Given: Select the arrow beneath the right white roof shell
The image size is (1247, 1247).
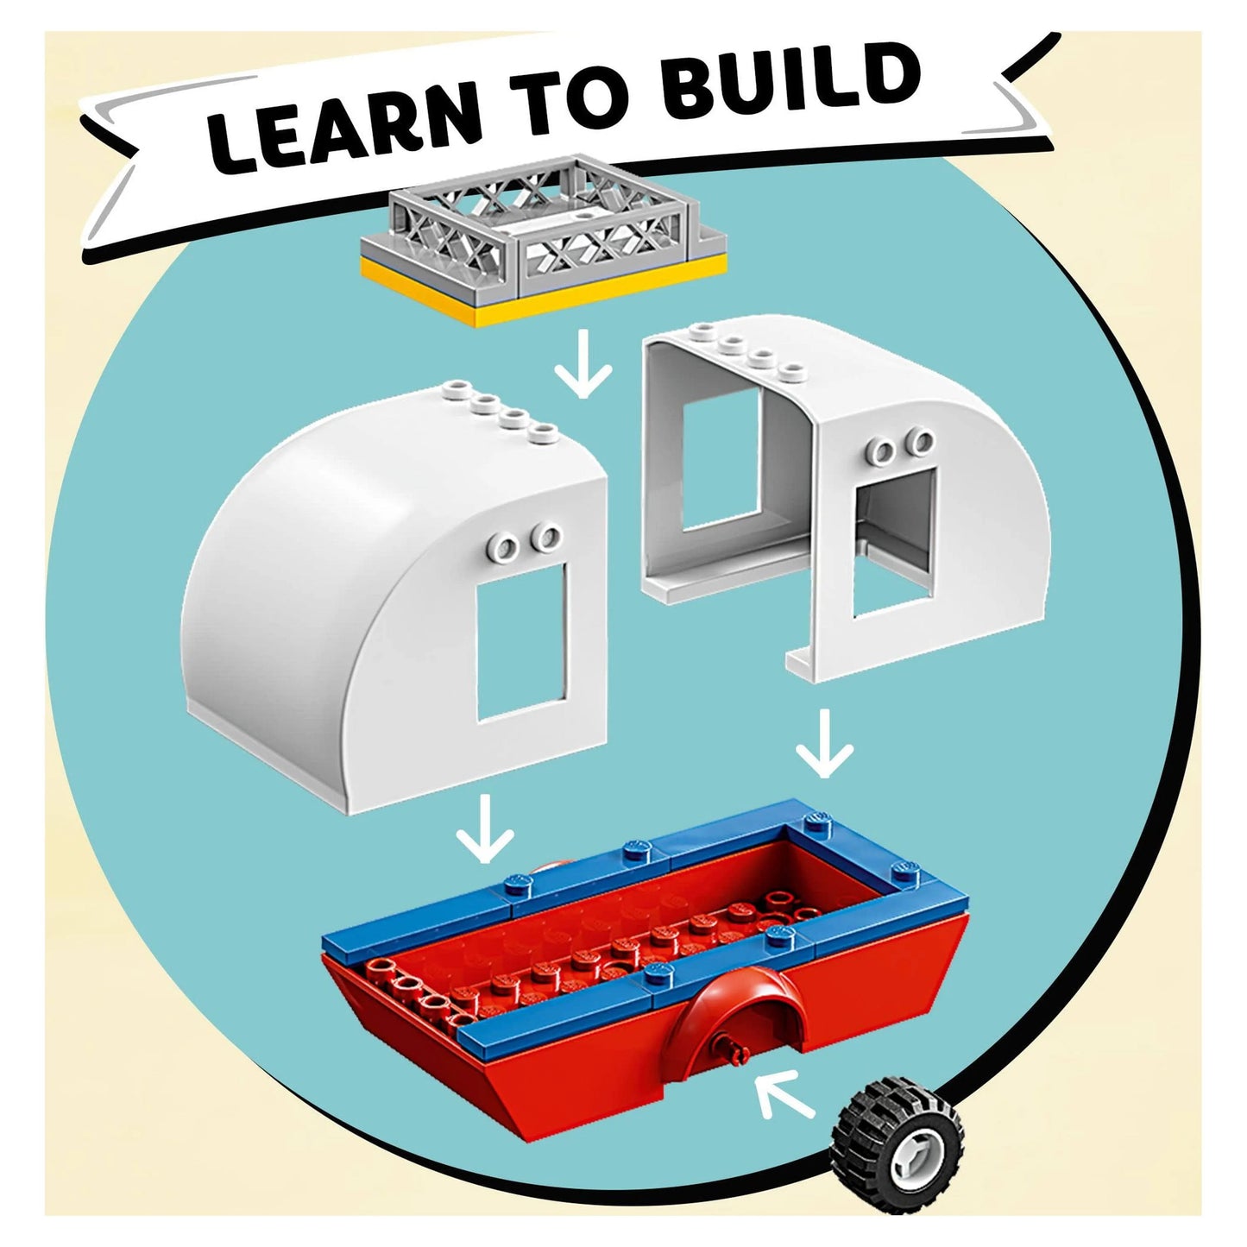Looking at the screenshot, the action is tap(824, 743).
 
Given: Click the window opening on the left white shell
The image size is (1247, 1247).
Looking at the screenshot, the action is tap(521, 640).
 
